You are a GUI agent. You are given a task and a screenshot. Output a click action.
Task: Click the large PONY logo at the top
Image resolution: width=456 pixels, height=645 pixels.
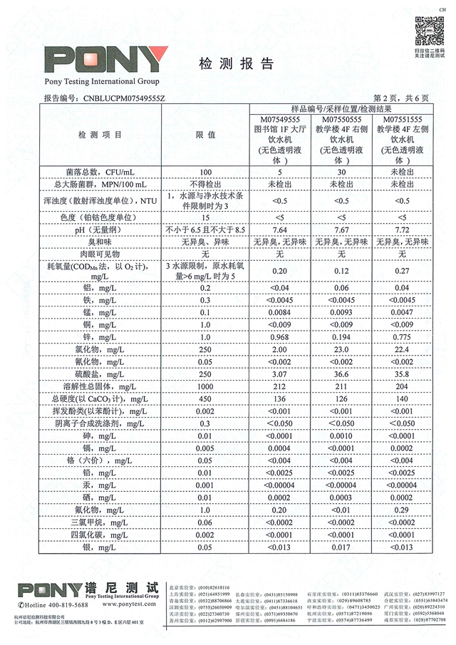[106, 60]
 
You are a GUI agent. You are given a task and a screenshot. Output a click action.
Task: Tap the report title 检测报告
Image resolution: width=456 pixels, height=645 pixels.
[233, 63]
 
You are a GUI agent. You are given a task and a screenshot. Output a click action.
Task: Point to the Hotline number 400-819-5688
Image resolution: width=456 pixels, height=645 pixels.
[63, 604]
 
